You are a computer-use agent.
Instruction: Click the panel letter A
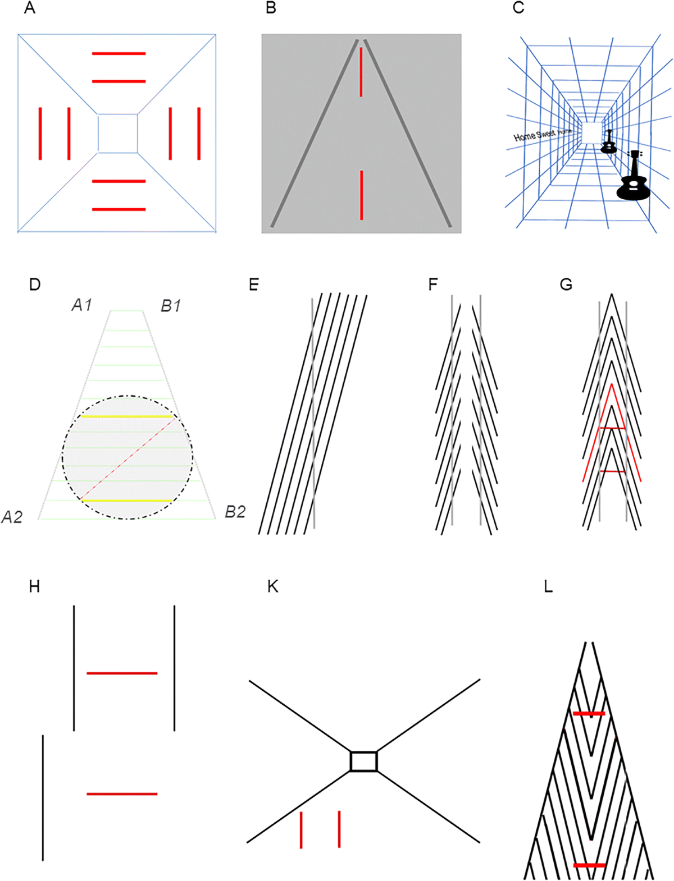(x=30, y=9)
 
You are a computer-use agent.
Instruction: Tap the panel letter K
(x=274, y=587)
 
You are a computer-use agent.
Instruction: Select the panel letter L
(x=548, y=587)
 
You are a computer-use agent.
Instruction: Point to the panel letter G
(x=566, y=285)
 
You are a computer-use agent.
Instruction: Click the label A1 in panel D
(x=82, y=305)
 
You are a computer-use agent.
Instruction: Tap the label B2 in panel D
(x=235, y=512)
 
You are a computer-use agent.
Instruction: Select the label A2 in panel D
(x=12, y=517)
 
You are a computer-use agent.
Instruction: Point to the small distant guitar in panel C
(x=609, y=143)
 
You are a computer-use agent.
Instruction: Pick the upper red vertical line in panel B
(x=361, y=72)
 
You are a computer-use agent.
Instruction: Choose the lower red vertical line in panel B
(x=362, y=195)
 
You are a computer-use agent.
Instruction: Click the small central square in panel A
(x=118, y=133)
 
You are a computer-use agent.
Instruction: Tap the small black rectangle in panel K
(x=363, y=761)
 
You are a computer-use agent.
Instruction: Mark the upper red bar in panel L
(x=589, y=713)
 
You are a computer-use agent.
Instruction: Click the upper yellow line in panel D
(x=126, y=416)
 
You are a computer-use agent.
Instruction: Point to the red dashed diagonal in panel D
(x=128, y=458)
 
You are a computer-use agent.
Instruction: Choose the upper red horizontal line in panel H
(x=122, y=673)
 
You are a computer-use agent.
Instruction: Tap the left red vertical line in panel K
(x=302, y=829)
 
